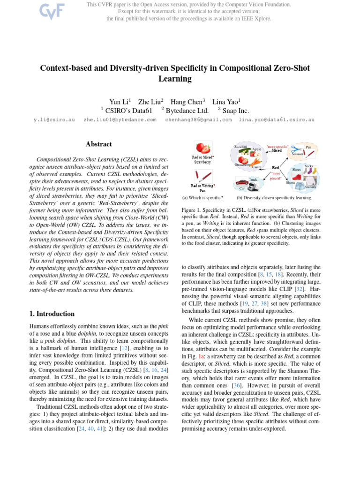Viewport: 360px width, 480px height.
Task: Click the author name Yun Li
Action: [x=120, y=102]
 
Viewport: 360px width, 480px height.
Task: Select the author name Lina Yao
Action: [x=226, y=102]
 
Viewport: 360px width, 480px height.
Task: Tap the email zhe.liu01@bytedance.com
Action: [x=120, y=120]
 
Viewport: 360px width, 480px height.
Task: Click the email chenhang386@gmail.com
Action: [x=198, y=120]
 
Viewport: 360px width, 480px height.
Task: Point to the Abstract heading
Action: [x=98, y=144]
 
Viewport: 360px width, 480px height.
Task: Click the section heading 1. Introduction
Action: [x=52, y=314]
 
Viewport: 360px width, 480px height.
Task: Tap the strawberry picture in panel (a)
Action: [x=202, y=149]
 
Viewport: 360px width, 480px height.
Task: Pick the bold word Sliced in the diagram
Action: [x=277, y=151]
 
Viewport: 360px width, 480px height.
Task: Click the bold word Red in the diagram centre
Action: [x=276, y=167]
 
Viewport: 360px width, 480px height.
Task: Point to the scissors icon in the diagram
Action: [x=295, y=149]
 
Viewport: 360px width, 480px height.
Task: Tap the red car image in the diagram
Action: [x=242, y=183]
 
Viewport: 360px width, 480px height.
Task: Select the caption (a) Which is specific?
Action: [x=202, y=198]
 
